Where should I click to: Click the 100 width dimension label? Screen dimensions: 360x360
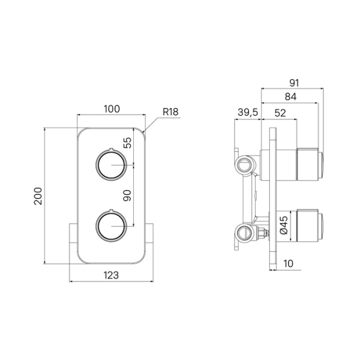(x=112, y=109)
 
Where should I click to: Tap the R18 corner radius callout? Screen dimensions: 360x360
(x=170, y=112)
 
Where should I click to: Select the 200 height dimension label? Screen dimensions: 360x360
(x=38, y=196)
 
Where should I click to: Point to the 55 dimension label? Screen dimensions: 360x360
(x=127, y=143)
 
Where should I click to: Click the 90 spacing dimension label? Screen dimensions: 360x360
(x=127, y=196)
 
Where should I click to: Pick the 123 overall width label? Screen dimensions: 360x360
(x=111, y=275)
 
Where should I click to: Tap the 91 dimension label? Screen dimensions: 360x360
(x=294, y=83)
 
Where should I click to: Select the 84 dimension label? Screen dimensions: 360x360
(x=290, y=97)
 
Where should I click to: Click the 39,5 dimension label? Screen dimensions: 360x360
(x=248, y=113)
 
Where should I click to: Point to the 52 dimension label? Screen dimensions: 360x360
(x=280, y=113)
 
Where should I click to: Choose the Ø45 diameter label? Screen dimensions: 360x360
(x=284, y=225)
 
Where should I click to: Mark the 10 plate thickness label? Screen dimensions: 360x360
(x=289, y=263)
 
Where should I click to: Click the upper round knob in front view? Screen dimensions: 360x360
(x=111, y=165)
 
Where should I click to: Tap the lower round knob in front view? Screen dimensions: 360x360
(x=111, y=226)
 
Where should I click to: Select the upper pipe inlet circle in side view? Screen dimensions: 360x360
(x=245, y=164)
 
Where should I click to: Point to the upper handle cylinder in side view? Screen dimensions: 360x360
(x=310, y=164)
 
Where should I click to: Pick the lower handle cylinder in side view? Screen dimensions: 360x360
(x=310, y=226)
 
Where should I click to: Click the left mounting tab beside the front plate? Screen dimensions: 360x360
(x=73, y=233)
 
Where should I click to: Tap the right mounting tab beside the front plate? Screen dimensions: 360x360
(x=149, y=233)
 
